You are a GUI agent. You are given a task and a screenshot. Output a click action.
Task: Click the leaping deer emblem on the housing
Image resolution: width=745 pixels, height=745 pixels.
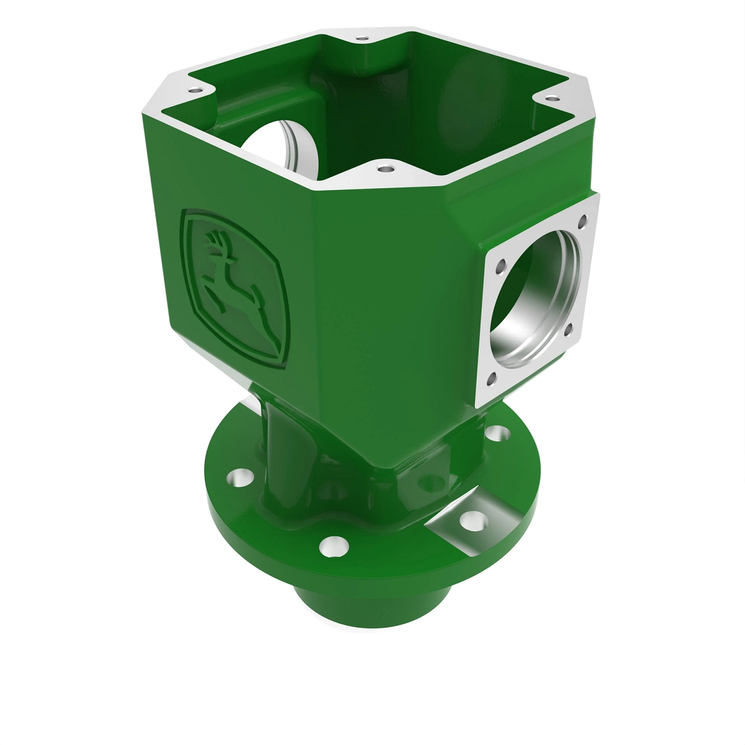click(235, 287)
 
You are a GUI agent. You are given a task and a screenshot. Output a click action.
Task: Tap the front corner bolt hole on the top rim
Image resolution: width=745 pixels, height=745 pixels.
click(385, 168)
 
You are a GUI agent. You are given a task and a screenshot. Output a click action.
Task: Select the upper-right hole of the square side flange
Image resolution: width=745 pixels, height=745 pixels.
click(582, 219)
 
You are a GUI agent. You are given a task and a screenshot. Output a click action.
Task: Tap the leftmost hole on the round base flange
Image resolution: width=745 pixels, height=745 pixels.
click(238, 479)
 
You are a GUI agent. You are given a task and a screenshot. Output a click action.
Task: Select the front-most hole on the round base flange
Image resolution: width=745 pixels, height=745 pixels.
click(333, 546)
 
